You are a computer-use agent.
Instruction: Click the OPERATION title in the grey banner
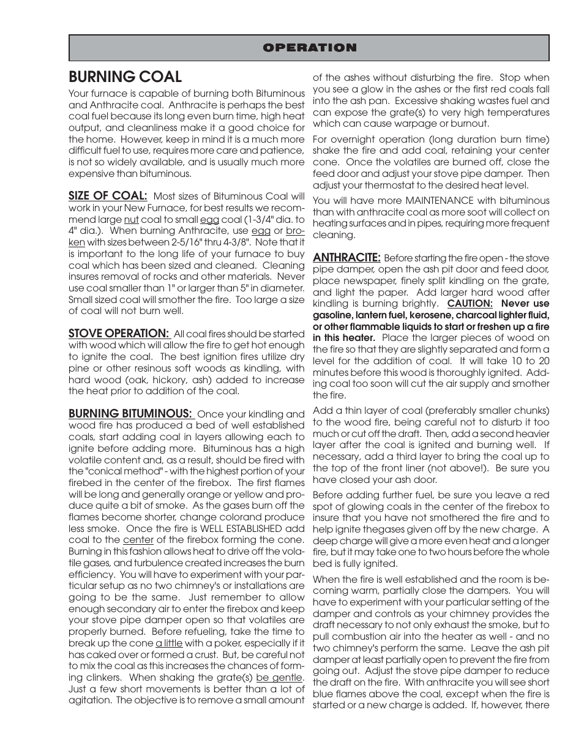tap(309, 48)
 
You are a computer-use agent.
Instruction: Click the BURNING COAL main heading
tap(125, 77)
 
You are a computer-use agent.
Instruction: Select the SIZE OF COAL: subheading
tap(108, 196)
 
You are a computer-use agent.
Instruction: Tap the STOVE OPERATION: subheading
tap(119, 334)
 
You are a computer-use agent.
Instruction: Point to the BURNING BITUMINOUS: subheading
tap(130, 414)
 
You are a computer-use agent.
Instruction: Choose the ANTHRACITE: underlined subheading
tap(346, 258)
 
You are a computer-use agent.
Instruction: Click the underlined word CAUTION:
tap(470, 304)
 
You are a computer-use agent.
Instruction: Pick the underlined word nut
tap(131, 220)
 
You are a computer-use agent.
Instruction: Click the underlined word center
tap(138, 540)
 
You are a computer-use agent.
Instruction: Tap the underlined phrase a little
tap(169, 643)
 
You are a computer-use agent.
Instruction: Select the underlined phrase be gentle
tap(279, 678)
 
